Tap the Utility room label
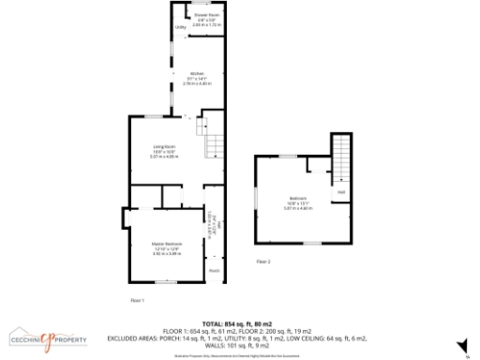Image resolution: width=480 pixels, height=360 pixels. [181, 27]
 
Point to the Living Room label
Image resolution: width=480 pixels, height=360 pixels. [165, 147]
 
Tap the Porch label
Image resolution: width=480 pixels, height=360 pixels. [215, 271]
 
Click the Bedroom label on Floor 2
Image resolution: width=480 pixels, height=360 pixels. [297, 198]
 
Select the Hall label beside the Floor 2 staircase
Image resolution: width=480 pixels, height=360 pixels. [341, 192]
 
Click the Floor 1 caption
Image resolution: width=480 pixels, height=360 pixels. [137, 299]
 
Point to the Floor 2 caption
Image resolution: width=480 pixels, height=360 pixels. [263, 262]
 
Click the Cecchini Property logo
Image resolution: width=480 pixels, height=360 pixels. [48, 338]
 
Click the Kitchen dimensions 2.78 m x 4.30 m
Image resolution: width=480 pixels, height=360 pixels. [198, 84]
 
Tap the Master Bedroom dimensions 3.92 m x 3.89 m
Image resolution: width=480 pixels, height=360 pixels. [167, 254]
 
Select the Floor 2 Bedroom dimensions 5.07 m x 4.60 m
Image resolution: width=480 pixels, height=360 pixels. [297, 209]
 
